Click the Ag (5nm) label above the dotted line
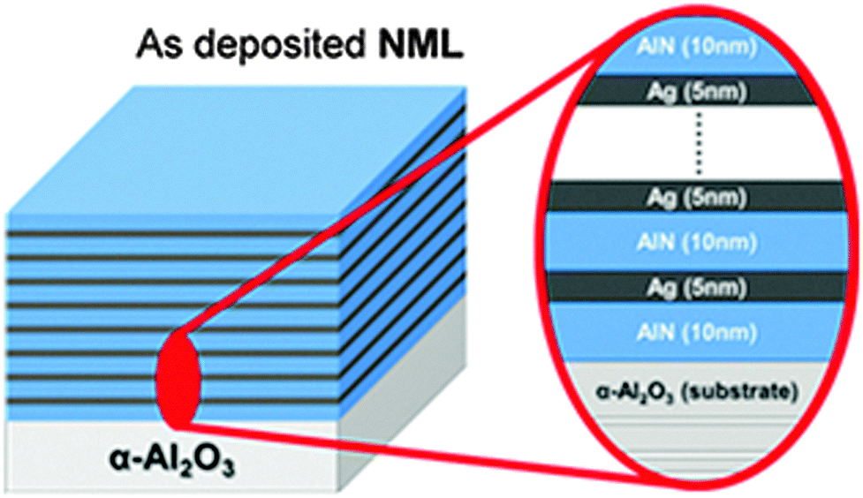699,91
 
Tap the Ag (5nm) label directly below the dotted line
699,195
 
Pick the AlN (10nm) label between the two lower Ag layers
699,240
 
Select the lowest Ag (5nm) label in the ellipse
699,287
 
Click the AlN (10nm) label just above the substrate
699,333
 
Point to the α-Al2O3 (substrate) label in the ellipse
699,389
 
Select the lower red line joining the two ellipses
397,441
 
